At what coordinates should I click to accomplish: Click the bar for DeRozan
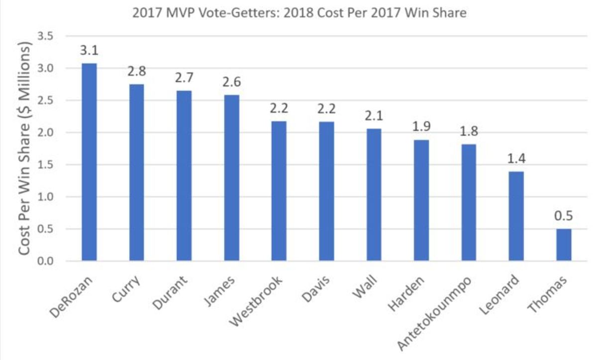point(89,162)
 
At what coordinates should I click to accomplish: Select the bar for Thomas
point(564,245)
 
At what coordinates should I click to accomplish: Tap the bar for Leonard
point(516,216)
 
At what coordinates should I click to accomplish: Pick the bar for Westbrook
point(279,191)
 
